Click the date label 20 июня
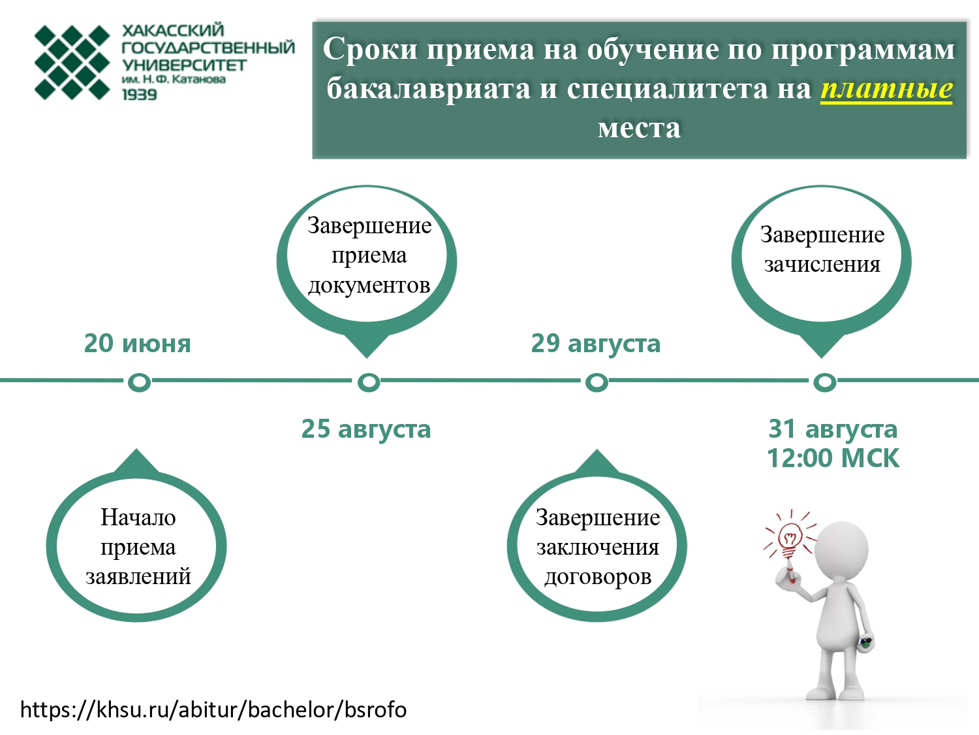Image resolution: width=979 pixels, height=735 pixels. (x=137, y=344)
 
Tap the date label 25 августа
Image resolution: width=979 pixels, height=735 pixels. (x=366, y=430)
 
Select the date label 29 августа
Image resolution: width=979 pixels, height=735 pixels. (x=595, y=344)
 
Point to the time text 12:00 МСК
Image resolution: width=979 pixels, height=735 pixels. (x=833, y=459)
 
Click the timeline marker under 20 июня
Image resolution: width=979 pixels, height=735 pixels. (x=139, y=382)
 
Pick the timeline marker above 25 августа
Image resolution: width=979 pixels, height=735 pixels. (x=369, y=382)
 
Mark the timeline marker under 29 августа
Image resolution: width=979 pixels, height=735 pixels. (x=597, y=382)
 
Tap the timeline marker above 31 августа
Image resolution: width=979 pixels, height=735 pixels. (x=825, y=382)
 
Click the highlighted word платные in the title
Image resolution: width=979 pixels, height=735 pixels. (x=887, y=89)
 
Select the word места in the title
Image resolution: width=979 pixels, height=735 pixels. (x=639, y=129)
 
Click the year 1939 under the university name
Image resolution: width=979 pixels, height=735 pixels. (x=140, y=95)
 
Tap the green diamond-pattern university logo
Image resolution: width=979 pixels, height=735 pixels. (x=72, y=62)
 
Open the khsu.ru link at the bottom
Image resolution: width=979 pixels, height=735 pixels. (x=213, y=710)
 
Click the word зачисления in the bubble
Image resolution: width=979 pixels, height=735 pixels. (x=822, y=265)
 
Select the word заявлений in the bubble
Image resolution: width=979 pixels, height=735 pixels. (x=138, y=577)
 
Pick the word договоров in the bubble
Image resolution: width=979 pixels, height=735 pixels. (x=598, y=577)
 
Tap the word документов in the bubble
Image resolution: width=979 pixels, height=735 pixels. (x=369, y=286)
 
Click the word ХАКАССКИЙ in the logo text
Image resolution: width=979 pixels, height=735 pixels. (x=173, y=30)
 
